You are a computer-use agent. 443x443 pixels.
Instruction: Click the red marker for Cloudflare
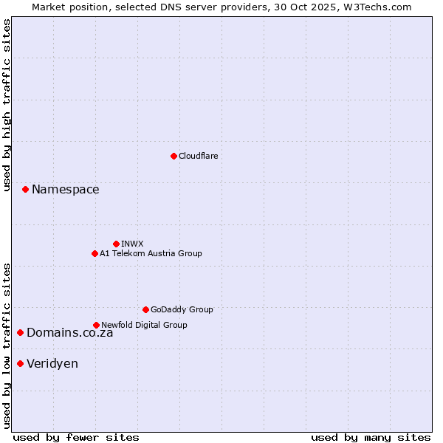174,156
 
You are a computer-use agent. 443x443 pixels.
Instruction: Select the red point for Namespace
25,190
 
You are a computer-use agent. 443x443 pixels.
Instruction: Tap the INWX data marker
116,244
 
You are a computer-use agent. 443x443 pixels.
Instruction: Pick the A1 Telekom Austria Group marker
95,253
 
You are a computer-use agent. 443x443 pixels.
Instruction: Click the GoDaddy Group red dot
145,309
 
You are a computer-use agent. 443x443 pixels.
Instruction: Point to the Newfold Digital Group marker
96,325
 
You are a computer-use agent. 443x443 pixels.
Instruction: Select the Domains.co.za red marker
20,333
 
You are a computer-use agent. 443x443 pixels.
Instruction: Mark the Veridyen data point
20,363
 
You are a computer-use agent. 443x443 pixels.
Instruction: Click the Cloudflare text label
199,156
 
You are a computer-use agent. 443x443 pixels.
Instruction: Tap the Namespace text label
66,190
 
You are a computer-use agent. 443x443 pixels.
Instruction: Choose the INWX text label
133,244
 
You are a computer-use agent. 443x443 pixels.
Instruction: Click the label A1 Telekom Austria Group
151,253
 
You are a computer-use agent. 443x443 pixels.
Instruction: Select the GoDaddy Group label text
182,309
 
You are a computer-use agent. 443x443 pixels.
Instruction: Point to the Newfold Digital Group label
144,325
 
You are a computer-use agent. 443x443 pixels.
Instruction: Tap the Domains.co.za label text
70,333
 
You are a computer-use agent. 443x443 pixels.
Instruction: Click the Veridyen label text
52,363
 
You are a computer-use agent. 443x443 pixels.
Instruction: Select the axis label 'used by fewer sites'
76,437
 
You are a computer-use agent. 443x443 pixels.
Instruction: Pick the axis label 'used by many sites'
371,437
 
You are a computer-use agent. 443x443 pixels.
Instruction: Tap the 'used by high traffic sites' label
7,105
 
